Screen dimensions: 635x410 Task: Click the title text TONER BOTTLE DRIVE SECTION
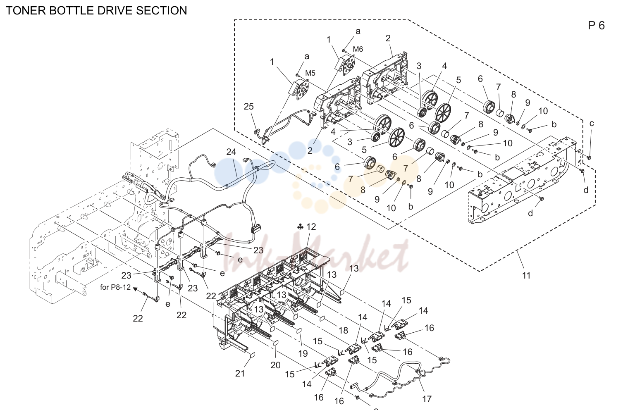pos(96,10)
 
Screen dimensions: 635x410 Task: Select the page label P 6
pos(596,26)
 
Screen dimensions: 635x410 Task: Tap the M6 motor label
pos(358,49)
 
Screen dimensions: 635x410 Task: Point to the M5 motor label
pos(310,73)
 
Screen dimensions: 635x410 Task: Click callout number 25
pos(248,107)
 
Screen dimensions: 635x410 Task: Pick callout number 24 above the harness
pos(231,152)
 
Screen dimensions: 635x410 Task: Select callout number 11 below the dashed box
pos(526,275)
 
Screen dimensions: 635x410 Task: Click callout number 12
pos(311,226)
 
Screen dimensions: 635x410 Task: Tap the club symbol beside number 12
pos(301,226)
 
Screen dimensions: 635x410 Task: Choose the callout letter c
pos(591,124)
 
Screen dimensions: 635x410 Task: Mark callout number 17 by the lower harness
pos(427,399)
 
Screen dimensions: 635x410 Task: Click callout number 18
pos(343,330)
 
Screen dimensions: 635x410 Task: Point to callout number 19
pos(303,354)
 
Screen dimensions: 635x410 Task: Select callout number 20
pos(275,365)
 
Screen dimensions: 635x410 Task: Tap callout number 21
pos(240,374)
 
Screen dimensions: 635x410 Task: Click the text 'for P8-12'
pos(115,287)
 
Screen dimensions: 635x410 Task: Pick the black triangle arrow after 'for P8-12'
pos(135,289)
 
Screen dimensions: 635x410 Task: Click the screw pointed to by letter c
pos(589,157)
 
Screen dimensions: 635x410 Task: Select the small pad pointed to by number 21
pos(253,355)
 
